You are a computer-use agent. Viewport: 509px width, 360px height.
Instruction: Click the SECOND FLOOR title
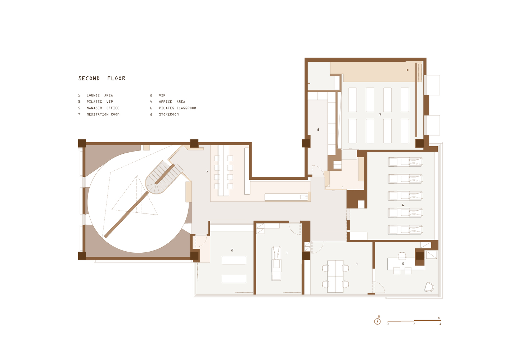[102, 78]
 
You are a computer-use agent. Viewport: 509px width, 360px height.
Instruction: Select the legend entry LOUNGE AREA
[99, 95]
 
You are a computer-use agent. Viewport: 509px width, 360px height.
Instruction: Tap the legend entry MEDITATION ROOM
[103, 114]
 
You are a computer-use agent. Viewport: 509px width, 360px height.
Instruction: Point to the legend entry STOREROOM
[168, 114]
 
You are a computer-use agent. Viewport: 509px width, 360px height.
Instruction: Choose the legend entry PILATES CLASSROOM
[177, 108]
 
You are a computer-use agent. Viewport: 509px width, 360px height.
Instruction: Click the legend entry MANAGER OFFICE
[103, 108]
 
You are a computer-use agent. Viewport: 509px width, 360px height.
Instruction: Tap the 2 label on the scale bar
[414, 324]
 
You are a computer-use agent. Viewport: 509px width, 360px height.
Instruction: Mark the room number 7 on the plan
[380, 115]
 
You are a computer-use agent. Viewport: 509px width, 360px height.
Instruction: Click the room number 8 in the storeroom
[318, 130]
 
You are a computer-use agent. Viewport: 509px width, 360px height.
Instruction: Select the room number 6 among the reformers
[403, 205]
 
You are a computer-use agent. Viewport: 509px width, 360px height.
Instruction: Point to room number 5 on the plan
[403, 264]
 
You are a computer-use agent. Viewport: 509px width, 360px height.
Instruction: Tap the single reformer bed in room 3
[276, 264]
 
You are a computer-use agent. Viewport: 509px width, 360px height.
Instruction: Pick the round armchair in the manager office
[429, 287]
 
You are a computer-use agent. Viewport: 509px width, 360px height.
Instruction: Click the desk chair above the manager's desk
[402, 256]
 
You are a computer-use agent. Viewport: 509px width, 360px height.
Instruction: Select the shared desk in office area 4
[335, 276]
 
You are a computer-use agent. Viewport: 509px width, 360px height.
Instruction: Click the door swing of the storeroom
[317, 171]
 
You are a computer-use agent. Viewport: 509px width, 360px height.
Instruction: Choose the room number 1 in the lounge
[207, 171]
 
